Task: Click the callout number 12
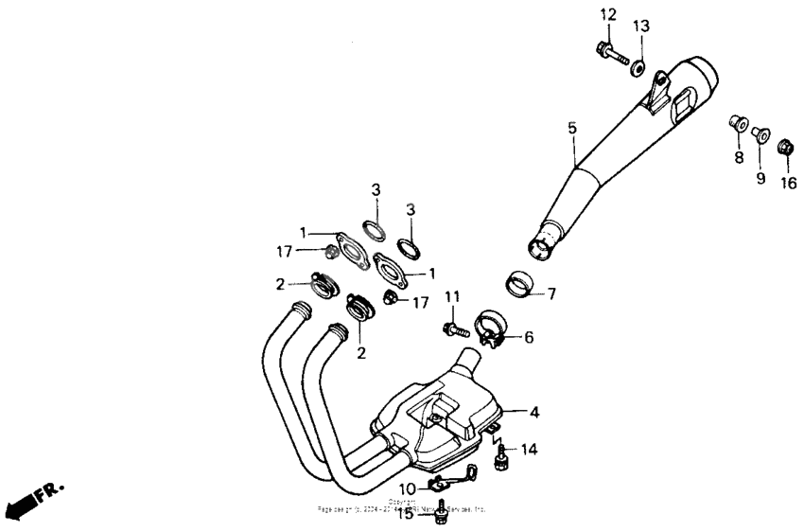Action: pyautogui.click(x=607, y=14)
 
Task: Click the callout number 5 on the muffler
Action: pyautogui.click(x=571, y=127)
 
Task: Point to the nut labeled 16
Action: pyautogui.click(x=783, y=149)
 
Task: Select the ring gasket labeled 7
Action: pyautogui.click(x=518, y=283)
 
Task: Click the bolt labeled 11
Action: pyautogui.click(x=455, y=330)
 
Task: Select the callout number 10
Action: pyautogui.click(x=407, y=488)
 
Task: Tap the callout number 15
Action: pyautogui.click(x=405, y=514)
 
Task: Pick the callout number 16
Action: pyautogui.click(x=788, y=183)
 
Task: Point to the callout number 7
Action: pyautogui.click(x=551, y=293)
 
